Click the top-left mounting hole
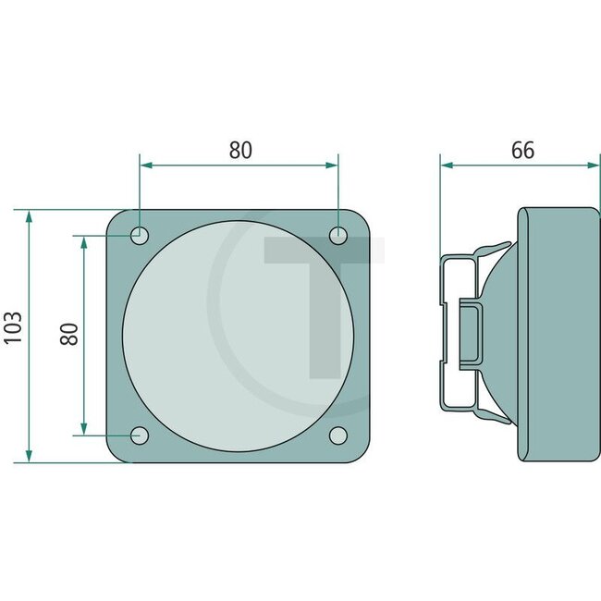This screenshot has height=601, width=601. click(139, 235)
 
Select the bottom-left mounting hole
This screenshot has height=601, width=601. click(140, 435)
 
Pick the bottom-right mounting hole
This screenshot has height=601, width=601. click(339, 435)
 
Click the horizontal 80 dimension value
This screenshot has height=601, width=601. click(240, 150)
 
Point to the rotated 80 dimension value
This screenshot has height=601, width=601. click(69, 333)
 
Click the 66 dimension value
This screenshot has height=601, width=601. click(522, 150)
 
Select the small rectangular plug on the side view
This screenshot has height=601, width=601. click(471, 333)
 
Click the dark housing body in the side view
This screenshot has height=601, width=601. click(555, 333)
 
